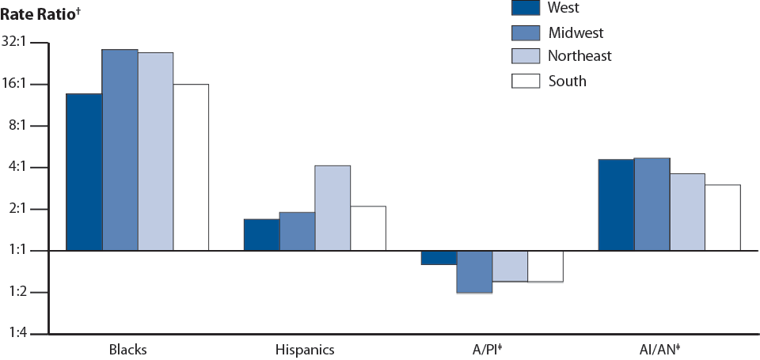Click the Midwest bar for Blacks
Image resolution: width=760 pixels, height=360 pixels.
[x=120, y=150]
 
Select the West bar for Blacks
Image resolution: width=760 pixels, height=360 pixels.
[x=84, y=172]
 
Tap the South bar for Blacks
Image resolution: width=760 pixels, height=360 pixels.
[x=191, y=167]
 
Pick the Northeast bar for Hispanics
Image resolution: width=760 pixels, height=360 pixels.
[x=332, y=208]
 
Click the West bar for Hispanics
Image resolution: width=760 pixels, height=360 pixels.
[x=261, y=235]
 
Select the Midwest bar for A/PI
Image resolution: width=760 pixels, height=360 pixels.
[x=474, y=271]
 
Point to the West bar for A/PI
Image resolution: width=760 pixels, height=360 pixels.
[x=439, y=257]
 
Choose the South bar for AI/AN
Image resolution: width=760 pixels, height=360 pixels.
[x=723, y=218]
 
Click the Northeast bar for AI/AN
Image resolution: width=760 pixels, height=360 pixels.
[x=687, y=212]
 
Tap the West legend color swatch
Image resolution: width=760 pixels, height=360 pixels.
[x=525, y=8]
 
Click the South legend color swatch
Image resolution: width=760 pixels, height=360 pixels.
[x=525, y=81]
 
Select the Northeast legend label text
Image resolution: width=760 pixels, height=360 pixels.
[x=579, y=56]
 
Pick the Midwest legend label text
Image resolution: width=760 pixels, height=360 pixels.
[x=576, y=32]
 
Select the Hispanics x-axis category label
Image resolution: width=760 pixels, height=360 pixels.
[x=305, y=350]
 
